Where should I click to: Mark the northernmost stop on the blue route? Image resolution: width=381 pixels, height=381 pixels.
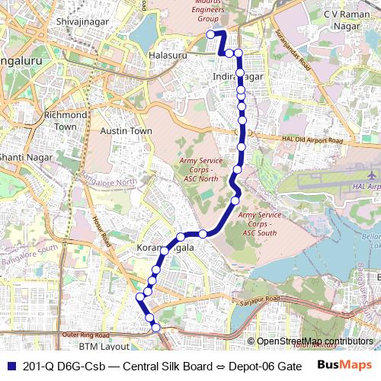click(210, 34)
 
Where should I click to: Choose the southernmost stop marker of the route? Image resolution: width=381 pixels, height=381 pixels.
click(156, 328)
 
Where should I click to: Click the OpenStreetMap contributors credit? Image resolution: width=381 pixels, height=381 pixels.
click(314, 341)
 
